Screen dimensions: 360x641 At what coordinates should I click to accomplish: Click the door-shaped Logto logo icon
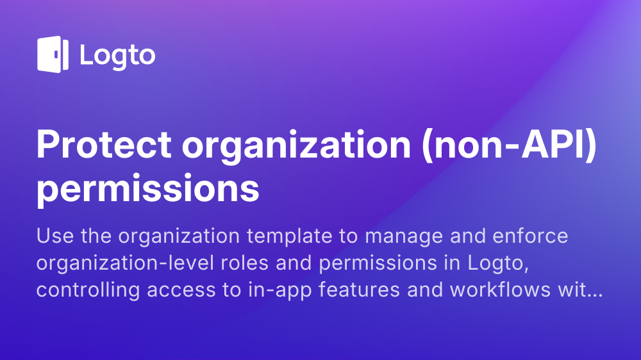[x=53, y=54]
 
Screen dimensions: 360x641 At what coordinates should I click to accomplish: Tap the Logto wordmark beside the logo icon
[x=117, y=56]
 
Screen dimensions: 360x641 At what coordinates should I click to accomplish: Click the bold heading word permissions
[x=147, y=189]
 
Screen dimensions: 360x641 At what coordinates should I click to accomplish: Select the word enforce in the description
[x=530, y=236]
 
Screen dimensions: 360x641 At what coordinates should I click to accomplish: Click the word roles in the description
[x=245, y=263]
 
